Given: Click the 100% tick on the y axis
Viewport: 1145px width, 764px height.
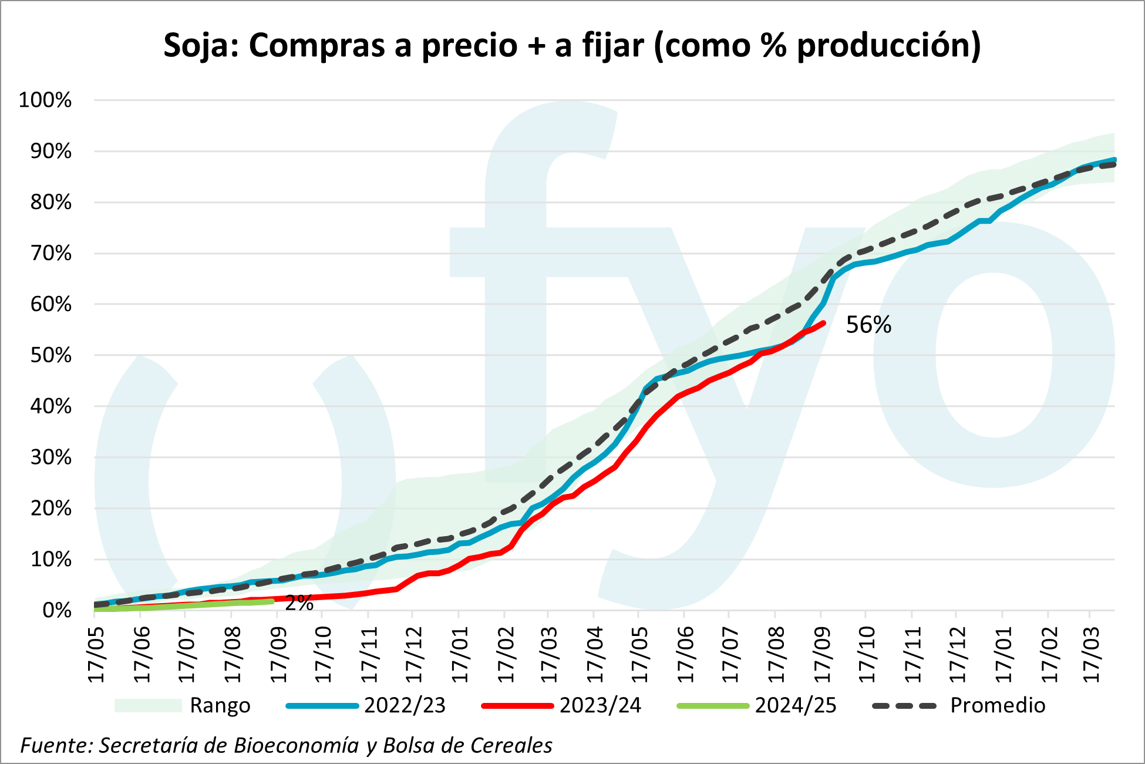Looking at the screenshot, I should click(x=45, y=100).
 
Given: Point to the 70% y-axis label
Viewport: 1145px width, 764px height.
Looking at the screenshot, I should click(x=50, y=254).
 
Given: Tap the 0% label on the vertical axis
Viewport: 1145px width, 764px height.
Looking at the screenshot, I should click(x=57, y=611).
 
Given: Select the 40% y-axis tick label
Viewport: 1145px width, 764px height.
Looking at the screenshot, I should click(x=50, y=406).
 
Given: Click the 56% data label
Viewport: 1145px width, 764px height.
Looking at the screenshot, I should click(x=868, y=325).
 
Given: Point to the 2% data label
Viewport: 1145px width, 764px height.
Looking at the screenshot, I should click(x=299, y=603).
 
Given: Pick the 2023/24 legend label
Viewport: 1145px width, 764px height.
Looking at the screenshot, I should click(x=600, y=705).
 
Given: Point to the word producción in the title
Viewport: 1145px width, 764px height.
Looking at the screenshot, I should click(x=888, y=45).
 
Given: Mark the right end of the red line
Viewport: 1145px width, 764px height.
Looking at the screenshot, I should click(x=824, y=323).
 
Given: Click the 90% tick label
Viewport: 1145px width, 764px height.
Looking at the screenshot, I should click(x=50, y=152).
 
